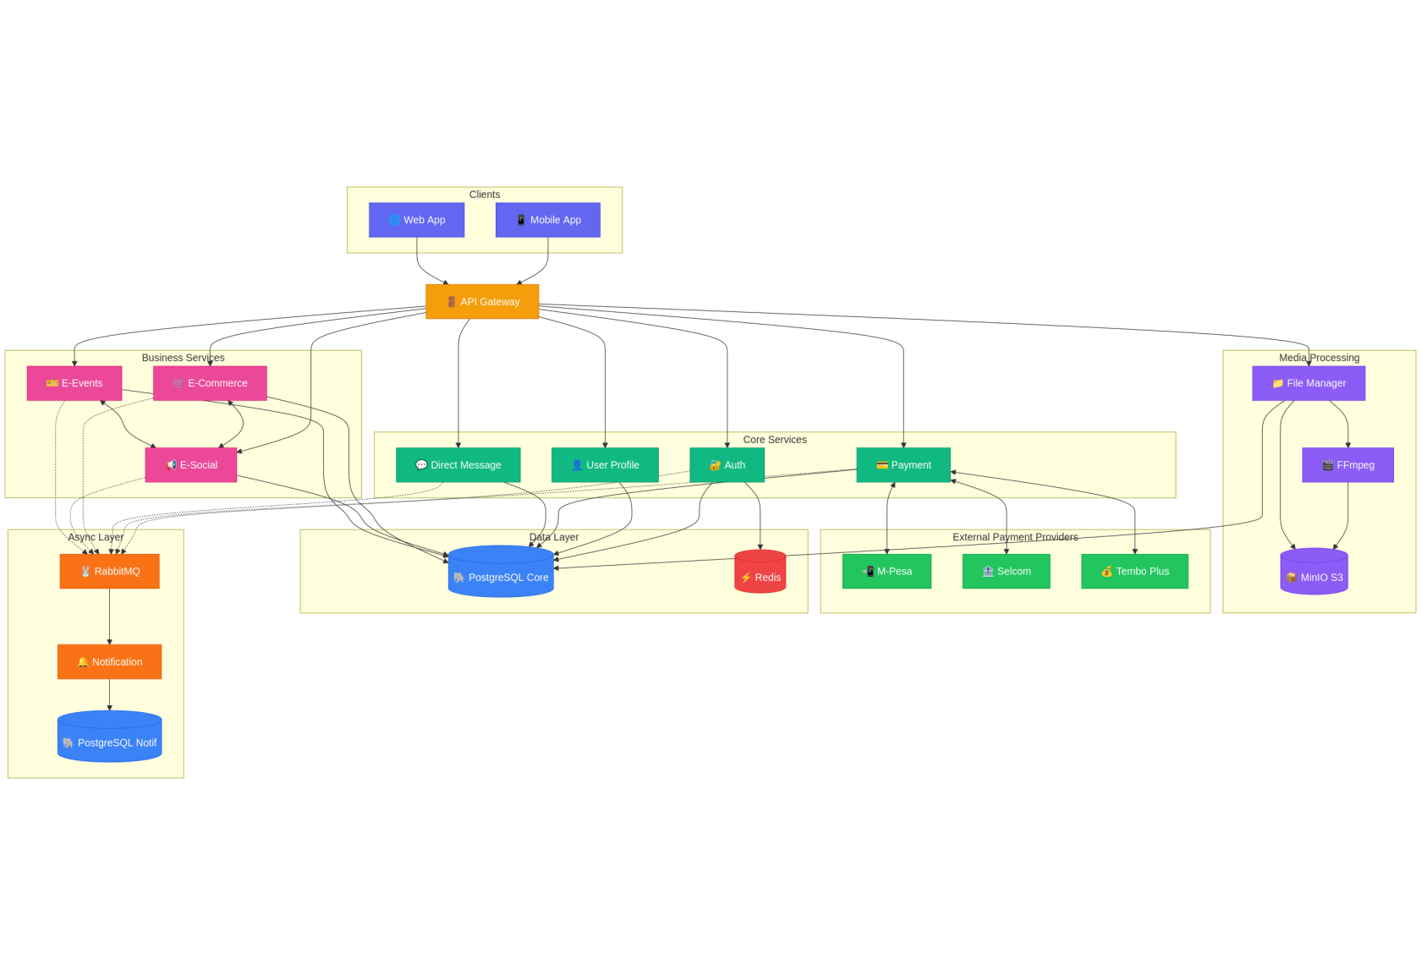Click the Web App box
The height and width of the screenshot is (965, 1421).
(x=416, y=220)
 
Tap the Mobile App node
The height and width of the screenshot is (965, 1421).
(x=547, y=220)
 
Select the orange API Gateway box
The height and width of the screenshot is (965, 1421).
(x=482, y=302)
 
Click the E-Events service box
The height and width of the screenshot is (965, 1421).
(x=74, y=383)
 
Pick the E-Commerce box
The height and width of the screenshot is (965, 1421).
(x=210, y=383)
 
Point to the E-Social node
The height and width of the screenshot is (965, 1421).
(x=191, y=465)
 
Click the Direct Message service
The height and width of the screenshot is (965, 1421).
(x=458, y=465)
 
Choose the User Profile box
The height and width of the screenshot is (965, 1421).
(x=605, y=465)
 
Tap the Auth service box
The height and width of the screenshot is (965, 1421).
(x=727, y=465)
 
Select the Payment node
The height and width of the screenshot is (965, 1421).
(x=903, y=465)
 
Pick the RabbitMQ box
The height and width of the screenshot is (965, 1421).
(x=109, y=572)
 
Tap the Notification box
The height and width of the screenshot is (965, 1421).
(x=109, y=662)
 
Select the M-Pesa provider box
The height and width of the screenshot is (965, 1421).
(x=886, y=572)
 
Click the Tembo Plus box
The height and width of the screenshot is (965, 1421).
(x=1134, y=572)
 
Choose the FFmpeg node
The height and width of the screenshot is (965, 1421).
(x=1347, y=465)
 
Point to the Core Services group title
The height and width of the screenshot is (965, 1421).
(x=774, y=440)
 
